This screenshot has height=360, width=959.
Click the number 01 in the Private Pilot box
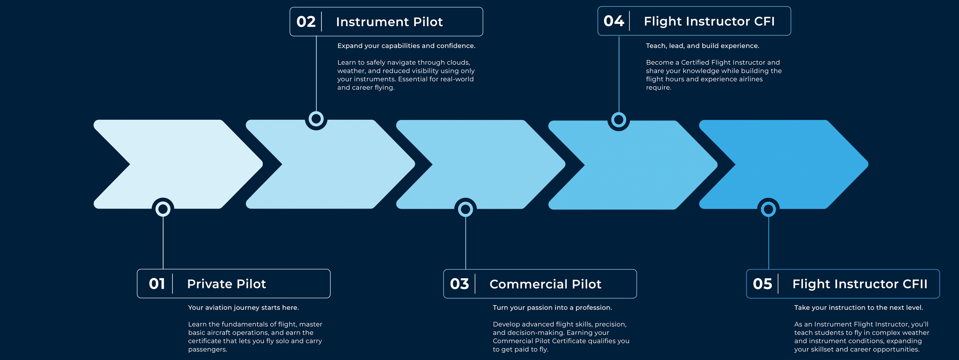tap(157, 284)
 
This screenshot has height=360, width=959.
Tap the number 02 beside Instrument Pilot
tap(306, 22)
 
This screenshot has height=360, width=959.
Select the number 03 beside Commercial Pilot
tap(459, 284)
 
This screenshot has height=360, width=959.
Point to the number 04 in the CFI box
tap(614, 21)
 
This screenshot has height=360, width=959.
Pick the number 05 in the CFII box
tap(762, 284)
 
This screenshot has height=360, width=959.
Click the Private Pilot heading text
tap(226, 284)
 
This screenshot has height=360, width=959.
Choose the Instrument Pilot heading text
tap(389, 22)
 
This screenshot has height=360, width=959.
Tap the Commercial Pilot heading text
tap(545, 284)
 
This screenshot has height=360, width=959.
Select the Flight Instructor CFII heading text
tap(860, 284)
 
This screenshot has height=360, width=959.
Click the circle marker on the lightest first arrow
tap(163, 209)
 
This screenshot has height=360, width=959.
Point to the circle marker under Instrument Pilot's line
tap(316, 119)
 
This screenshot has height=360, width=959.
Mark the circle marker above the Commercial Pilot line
tap(465, 209)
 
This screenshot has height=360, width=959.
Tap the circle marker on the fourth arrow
tap(619, 120)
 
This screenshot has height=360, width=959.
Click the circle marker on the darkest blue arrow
tap(768, 209)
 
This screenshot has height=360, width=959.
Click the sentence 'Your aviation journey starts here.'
tap(243, 307)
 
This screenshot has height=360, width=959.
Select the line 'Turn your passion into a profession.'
tap(552, 307)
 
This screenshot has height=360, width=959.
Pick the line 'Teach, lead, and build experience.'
tap(702, 46)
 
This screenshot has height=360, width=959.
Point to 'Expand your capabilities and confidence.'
tap(406, 46)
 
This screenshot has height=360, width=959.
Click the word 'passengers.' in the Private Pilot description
tap(208, 349)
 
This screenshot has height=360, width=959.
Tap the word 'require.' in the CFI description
tap(658, 88)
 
